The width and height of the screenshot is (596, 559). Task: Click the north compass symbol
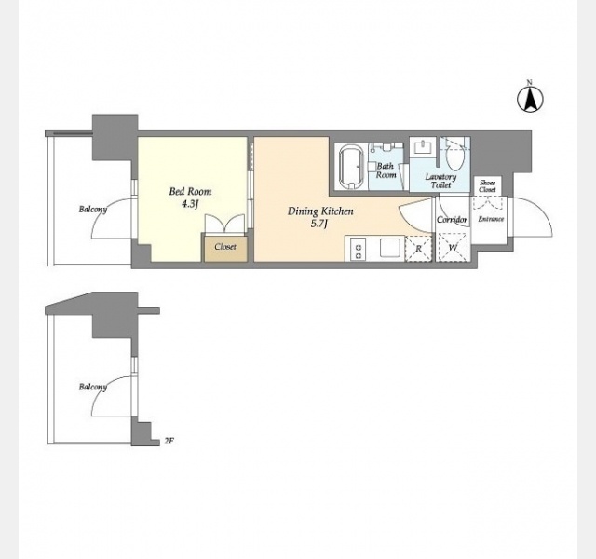530,99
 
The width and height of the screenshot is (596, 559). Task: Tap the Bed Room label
190,191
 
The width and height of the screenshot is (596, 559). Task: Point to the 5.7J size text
318,224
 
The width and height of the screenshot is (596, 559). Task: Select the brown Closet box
225,249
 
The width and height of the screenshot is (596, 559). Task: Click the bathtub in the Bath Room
352,167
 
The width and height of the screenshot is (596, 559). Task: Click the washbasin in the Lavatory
422,146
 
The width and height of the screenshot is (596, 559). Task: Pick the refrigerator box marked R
419,249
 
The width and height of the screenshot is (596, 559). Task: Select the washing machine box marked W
453,248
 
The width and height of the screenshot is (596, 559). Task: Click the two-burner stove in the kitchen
358,249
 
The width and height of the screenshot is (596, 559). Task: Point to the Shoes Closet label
487,186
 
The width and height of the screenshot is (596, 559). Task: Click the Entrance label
491,219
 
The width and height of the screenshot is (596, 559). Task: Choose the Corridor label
452,220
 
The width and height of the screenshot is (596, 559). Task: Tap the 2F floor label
169,441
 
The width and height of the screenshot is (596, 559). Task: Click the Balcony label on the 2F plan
93,388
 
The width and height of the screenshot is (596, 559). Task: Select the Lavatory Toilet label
440,181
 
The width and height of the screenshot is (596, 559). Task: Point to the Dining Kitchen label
320,211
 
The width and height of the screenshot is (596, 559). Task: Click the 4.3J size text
190,204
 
